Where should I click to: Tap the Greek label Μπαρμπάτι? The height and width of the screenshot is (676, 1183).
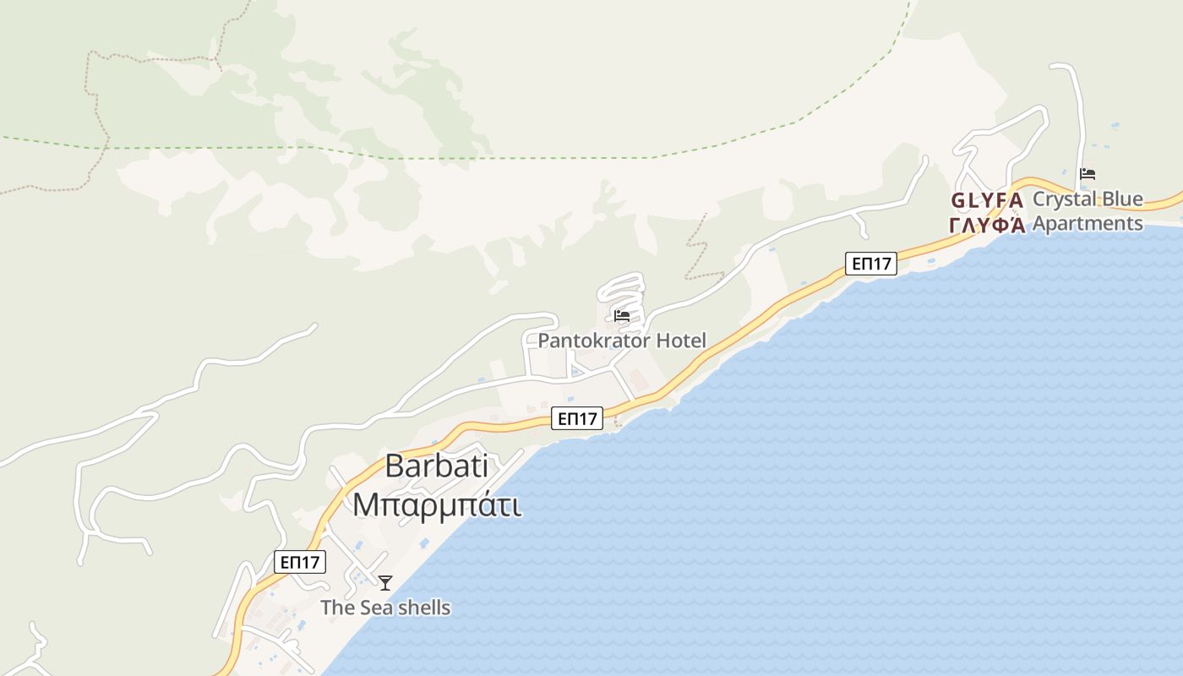[x=436, y=504]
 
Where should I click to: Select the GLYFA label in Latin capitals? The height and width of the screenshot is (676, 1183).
[x=987, y=201]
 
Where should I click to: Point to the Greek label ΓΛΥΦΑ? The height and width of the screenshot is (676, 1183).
[x=987, y=225]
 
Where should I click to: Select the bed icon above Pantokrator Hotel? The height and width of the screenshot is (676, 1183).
[x=622, y=317]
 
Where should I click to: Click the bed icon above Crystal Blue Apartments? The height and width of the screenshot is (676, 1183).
[x=1088, y=175]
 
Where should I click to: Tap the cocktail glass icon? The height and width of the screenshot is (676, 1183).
[x=385, y=582]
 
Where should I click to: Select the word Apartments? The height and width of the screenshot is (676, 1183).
[x=1088, y=224]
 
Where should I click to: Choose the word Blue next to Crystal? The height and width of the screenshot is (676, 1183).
[x=1123, y=200]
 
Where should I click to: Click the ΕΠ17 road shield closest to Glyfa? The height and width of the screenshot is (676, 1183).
[x=871, y=264]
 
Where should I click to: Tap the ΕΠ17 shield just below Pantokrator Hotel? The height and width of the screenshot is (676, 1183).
[x=577, y=417]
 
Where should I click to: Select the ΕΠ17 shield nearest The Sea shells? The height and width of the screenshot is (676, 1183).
[x=300, y=562]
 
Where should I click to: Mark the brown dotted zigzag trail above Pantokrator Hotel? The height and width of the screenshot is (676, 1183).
[x=698, y=245]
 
